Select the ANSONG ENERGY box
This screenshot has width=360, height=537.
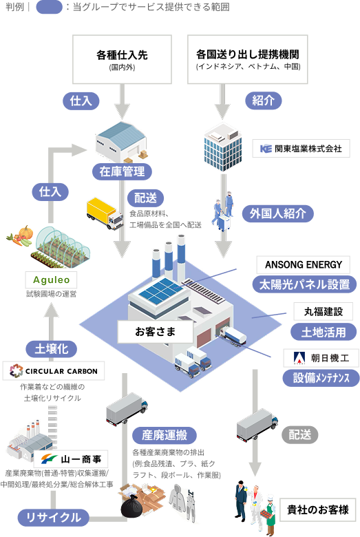click(304, 265)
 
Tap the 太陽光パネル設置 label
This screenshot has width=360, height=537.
click(304, 284)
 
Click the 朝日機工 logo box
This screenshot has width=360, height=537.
click(321, 359)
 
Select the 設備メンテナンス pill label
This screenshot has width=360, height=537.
click(321, 378)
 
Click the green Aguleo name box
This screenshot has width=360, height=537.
click(51, 280)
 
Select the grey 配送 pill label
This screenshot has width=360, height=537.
click(299, 434)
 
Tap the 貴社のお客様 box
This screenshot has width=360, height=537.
click(318, 512)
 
